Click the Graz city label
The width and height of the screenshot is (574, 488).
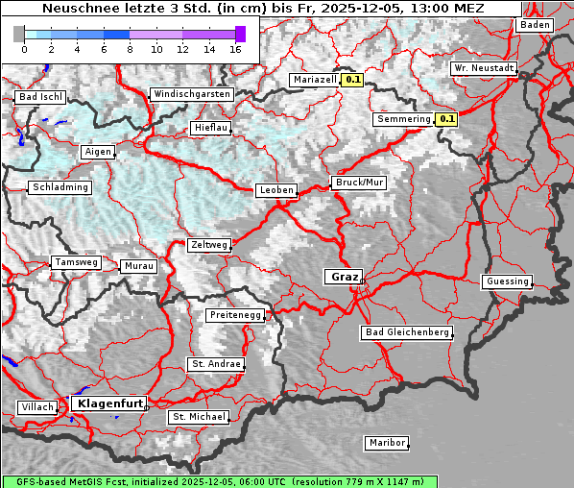(x=344, y=277)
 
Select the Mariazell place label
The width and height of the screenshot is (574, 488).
(x=315, y=81)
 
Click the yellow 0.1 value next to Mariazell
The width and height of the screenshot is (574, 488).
(x=353, y=81)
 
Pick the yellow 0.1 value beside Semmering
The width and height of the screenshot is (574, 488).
(x=446, y=119)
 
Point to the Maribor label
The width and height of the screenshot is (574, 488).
(x=387, y=443)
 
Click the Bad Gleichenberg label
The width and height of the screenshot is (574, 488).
(x=407, y=332)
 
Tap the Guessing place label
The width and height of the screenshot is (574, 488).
(x=507, y=281)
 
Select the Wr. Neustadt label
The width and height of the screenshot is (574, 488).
(x=484, y=69)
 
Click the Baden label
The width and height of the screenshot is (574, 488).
(x=536, y=25)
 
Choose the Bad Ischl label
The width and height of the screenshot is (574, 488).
(x=40, y=97)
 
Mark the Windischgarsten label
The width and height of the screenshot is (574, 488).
(x=191, y=94)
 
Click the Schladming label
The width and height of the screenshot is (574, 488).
(x=60, y=187)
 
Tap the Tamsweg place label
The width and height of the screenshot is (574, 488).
(x=75, y=262)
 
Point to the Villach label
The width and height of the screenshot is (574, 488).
(x=36, y=407)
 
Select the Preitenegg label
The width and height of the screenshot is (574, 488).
(x=234, y=315)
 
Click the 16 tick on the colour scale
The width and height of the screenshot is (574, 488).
(x=235, y=48)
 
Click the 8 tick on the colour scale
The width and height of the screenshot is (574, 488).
(x=130, y=48)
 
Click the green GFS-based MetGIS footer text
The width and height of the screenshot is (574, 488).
(x=219, y=481)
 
